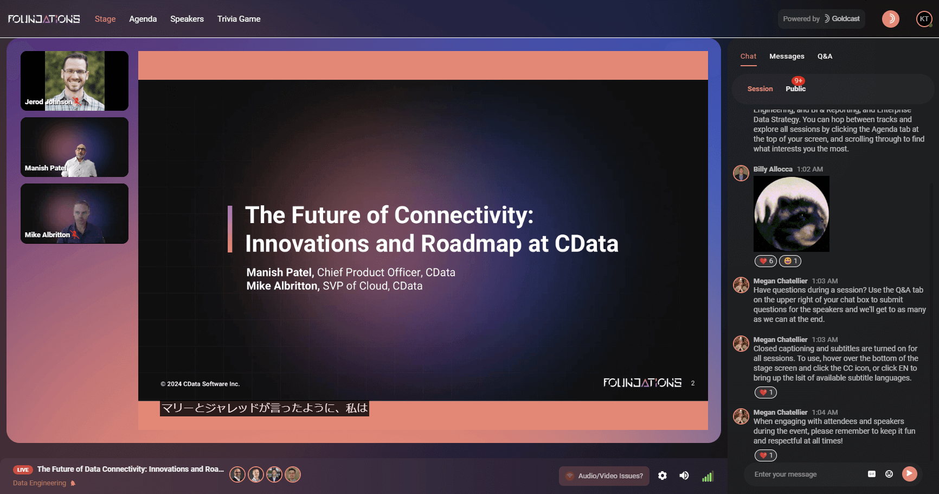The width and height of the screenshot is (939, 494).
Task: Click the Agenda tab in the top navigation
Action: tap(143, 19)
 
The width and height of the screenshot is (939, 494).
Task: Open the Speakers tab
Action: tap(187, 19)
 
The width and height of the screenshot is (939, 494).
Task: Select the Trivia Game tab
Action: tap(239, 19)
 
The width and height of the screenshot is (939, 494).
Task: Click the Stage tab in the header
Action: tap(105, 19)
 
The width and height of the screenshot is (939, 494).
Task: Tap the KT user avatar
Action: tap(924, 19)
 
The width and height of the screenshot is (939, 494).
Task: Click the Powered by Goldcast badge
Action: tap(821, 19)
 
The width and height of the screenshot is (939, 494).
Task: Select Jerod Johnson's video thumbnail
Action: tap(74, 81)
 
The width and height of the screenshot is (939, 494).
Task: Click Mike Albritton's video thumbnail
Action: tap(74, 213)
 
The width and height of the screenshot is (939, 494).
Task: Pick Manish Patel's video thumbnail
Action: tap(74, 147)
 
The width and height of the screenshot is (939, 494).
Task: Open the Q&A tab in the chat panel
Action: tap(825, 56)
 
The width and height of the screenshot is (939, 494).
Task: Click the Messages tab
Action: tap(787, 56)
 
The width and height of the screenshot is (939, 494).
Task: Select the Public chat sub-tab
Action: tap(795, 89)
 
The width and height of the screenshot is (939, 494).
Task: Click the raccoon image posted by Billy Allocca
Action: tap(791, 214)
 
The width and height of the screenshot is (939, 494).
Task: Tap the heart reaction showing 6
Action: tap(766, 261)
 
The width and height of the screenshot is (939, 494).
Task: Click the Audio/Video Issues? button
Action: tap(604, 476)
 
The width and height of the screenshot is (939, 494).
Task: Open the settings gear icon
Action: tap(663, 476)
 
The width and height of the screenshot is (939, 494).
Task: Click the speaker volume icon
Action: tap(684, 476)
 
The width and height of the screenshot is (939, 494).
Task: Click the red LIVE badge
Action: tap(23, 470)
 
